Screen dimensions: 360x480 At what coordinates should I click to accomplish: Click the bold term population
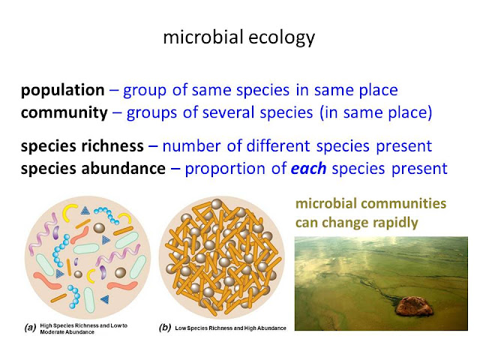click(x=62, y=91)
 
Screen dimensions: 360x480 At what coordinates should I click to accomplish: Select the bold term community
click(x=65, y=113)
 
